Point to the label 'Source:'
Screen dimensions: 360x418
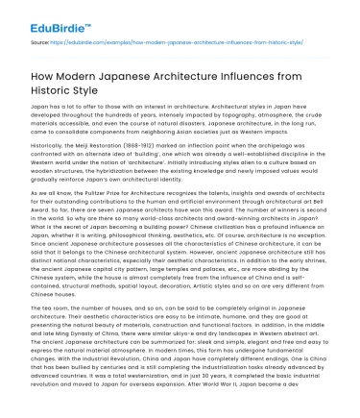(x=18, y=43)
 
